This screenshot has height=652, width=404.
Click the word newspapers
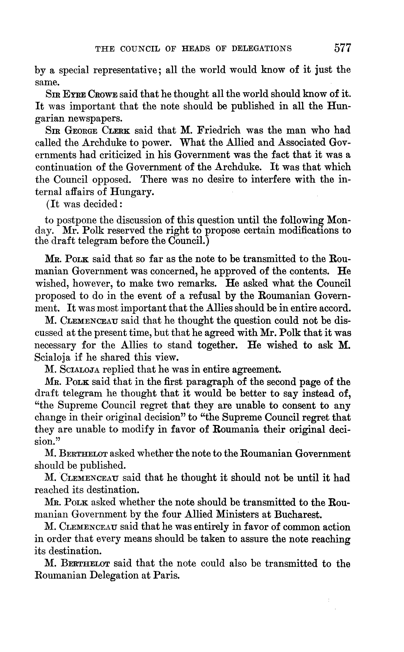pos(92,118)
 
